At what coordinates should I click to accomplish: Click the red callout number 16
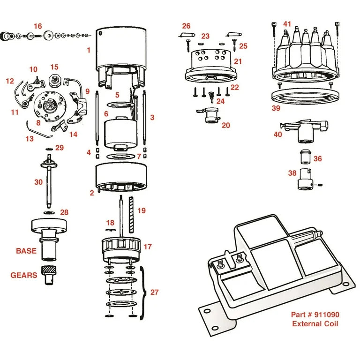[38, 26]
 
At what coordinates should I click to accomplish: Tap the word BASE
[26, 251]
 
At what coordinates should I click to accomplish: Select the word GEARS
[23, 275]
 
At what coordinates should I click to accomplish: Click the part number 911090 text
[327, 315]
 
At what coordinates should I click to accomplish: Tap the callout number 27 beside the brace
[155, 292]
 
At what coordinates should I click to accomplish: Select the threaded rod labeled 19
[131, 214]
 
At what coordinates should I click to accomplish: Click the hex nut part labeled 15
[55, 81]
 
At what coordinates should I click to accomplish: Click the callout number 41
[287, 24]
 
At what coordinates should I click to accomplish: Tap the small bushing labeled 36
[306, 157]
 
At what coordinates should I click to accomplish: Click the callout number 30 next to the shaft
[38, 182]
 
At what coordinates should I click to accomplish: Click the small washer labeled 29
[49, 149]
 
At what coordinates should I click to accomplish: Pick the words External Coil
[315, 324]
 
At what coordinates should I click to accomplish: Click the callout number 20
[225, 125]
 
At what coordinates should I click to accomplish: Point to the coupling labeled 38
[305, 180]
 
